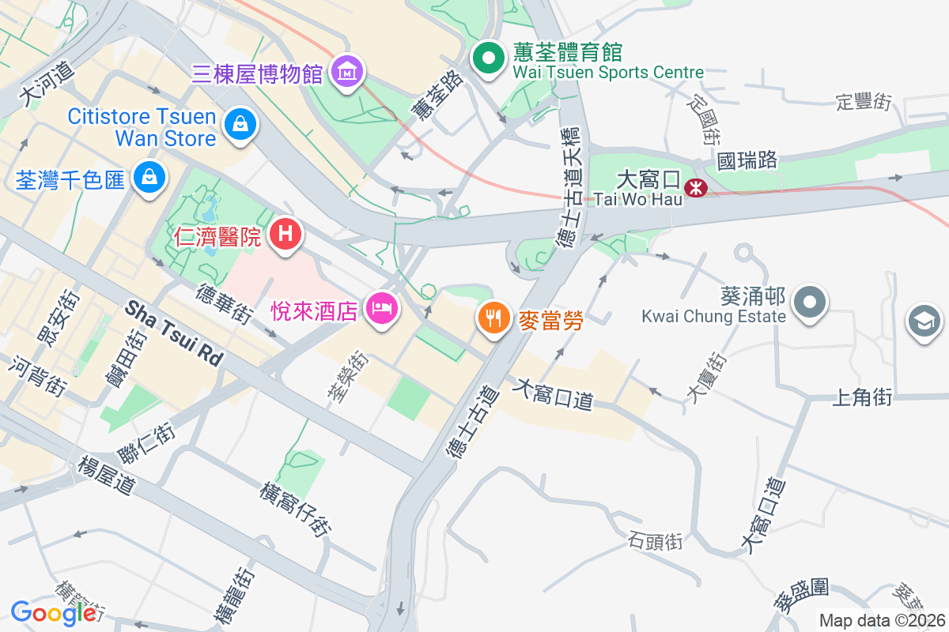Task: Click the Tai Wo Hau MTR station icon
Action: [695, 187]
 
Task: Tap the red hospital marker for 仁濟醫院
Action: [285, 234]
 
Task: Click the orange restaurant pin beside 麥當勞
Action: [494, 318]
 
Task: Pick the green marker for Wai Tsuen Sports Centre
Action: [489, 57]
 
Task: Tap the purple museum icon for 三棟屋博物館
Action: [346, 72]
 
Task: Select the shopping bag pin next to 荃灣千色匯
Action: [149, 176]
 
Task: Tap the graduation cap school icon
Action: [924, 321]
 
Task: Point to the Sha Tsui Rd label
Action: [173, 333]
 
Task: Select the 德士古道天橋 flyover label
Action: [568, 186]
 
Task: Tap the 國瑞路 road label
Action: [747, 160]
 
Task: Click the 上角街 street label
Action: [862, 397]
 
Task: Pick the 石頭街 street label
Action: [655, 542]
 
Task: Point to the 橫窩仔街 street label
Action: [296, 510]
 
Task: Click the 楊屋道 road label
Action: [106, 475]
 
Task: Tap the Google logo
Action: [53, 612]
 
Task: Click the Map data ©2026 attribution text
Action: [882, 620]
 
